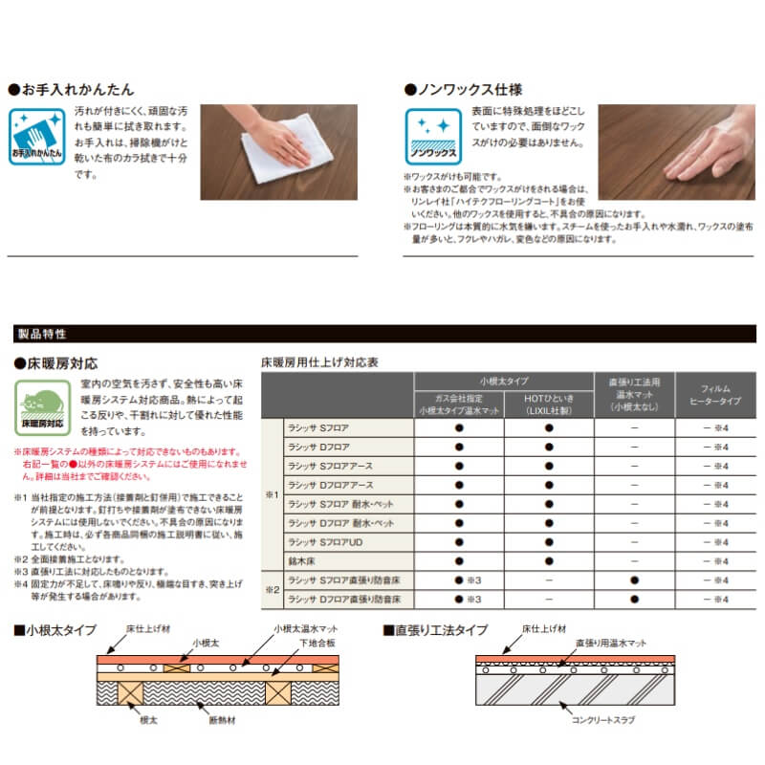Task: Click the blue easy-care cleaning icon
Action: pos(37,134)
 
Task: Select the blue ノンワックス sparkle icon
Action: pos(431,134)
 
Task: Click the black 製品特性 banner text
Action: pos(41,334)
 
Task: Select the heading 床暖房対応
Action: pos(63,363)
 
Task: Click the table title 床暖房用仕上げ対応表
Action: pos(319,363)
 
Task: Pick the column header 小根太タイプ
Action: pos(504,381)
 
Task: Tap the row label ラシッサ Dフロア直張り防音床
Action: pos(350,599)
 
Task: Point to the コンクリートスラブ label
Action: pos(603,719)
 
